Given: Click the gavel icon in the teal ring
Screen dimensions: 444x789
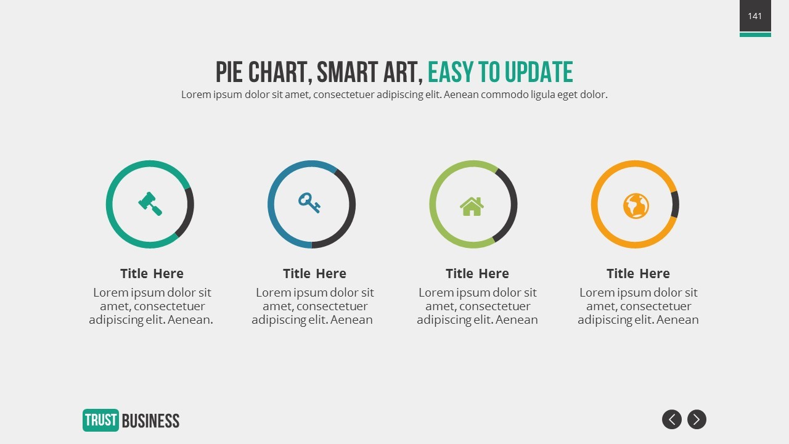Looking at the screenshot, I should coord(150,203).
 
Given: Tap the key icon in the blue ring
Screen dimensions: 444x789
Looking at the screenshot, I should coord(309,202).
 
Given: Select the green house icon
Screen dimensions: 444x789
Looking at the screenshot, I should coord(472,206).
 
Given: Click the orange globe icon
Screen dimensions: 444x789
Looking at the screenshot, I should coord(636,206).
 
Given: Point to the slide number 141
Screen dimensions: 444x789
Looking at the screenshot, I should coord(755,16).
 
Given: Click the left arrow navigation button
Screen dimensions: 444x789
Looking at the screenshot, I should coord(672,419).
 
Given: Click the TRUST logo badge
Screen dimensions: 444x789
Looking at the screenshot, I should coord(100,420).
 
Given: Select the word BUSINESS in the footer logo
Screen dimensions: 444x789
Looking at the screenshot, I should coord(151,421).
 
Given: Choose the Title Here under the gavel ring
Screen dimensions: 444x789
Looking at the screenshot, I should coord(152,273).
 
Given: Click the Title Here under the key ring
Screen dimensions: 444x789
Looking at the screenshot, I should coord(314,273).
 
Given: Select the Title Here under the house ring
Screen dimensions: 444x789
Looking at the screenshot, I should coord(477,273).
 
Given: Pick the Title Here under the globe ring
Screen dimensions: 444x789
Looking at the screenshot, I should coord(638,273).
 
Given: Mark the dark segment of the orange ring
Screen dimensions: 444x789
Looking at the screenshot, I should coord(676,204).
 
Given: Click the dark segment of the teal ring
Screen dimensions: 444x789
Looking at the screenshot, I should coord(188,213).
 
